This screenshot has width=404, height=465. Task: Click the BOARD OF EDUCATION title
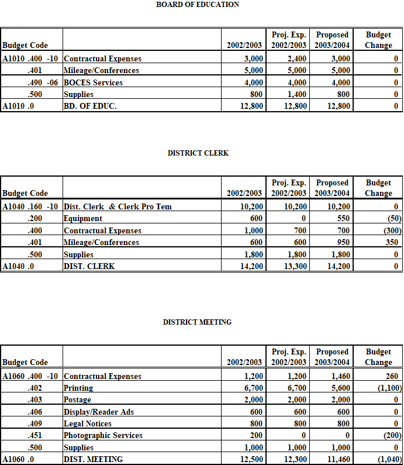coord(198,5)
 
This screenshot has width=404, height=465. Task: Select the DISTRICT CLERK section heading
coord(198,153)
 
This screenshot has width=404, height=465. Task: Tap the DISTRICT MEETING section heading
coord(197,322)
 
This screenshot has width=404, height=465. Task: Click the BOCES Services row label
coord(93,82)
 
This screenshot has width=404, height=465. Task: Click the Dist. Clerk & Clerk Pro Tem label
coord(118,206)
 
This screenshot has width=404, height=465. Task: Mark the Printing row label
coord(78,388)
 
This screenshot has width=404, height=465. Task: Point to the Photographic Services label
coord(103,435)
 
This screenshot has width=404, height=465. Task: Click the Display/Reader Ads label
coord(99,412)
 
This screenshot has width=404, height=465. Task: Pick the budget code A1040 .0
coord(16,266)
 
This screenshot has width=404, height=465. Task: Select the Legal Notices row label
coord(88,423)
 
